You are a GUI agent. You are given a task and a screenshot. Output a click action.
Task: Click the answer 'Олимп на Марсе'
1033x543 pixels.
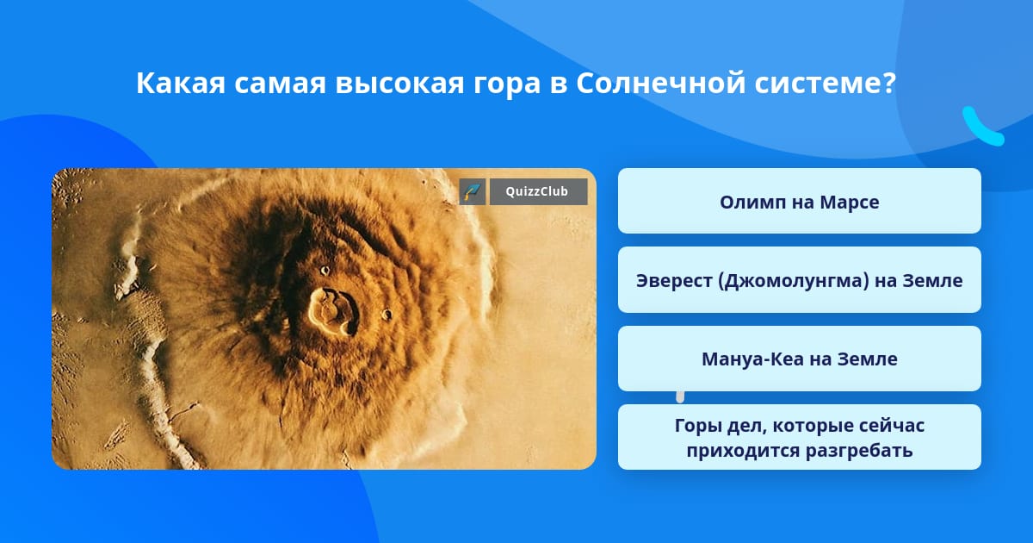799,201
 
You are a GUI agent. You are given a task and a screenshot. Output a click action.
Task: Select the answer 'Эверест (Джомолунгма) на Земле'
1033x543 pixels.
799,280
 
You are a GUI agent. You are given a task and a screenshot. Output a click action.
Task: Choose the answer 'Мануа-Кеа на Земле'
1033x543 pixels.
799,359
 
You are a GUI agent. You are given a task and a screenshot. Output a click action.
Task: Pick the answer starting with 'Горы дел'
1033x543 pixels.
799,437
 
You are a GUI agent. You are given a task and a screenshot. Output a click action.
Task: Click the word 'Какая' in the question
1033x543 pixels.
180,83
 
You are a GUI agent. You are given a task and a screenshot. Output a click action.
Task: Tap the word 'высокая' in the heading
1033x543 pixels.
399,84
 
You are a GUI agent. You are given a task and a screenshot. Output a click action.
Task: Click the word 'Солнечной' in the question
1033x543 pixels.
660,83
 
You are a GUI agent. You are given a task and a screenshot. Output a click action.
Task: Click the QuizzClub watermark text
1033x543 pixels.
536,191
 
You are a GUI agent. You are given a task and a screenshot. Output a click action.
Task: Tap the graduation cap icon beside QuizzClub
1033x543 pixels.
473,191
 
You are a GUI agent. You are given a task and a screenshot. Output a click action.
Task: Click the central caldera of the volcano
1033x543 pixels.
333,311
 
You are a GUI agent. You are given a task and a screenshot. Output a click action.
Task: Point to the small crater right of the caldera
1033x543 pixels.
387,315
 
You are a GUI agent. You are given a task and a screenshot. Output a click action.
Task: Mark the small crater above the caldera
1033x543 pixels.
325,270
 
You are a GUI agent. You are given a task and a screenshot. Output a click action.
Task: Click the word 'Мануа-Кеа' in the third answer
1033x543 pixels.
752,359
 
